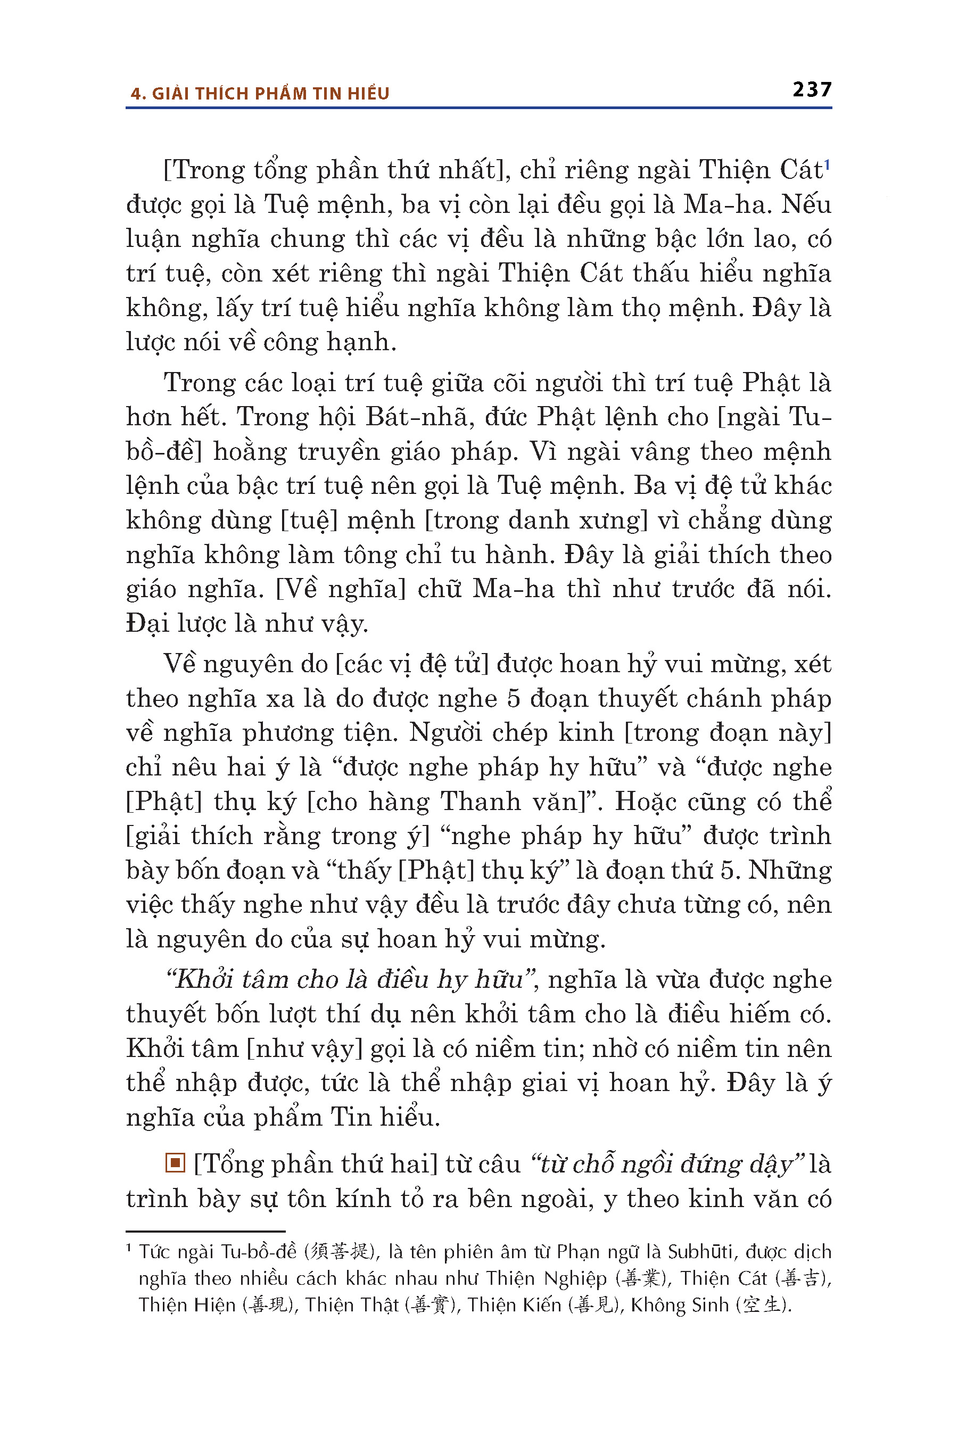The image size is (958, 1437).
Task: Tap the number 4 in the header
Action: click(135, 94)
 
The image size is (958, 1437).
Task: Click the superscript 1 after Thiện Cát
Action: click(827, 164)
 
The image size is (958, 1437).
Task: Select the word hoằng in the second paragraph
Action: click(250, 452)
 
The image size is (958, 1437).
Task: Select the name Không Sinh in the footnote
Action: click(680, 1304)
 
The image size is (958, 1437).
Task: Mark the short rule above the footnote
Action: click(205, 1231)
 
